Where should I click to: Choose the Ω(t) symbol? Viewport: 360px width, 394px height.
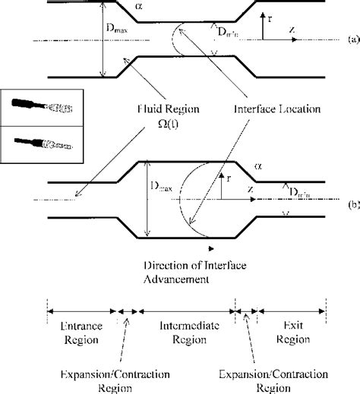(x=117, y=125)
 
